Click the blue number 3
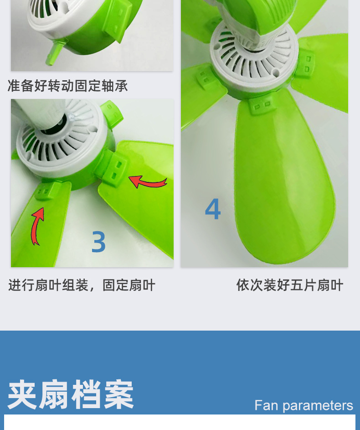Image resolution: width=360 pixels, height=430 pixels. click(98, 242)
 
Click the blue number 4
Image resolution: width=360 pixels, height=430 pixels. click(213, 209)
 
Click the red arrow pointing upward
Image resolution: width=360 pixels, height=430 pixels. click(37, 226)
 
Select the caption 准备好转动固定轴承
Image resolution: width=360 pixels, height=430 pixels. click(68, 86)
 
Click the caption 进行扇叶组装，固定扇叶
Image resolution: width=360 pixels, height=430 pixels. click(82, 285)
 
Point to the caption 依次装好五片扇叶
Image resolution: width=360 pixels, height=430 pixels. click(289, 285)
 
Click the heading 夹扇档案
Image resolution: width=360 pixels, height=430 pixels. click(71, 394)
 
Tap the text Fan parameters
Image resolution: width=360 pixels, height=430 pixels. click(303, 405)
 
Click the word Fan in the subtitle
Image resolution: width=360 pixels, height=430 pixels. click(266, 405)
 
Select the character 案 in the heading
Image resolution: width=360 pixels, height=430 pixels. click(119, 394)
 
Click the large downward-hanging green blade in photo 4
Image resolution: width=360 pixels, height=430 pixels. click(283, 182)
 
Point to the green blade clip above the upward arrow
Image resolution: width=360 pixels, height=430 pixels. click(46, 191)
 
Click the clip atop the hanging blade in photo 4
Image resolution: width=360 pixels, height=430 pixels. click(262, 106)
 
